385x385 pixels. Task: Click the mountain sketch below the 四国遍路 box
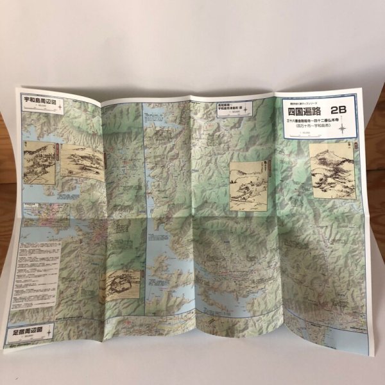coord(332,168)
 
